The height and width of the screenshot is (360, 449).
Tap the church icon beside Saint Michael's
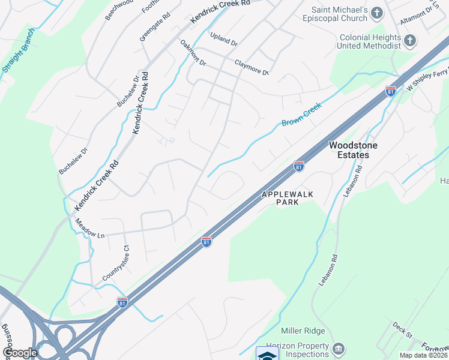tap(377, 13)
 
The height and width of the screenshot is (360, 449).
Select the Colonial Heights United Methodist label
tap(369, 41)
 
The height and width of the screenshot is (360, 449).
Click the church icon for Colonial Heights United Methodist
tap(410, 41)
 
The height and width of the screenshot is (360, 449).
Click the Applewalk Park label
tap(279, 199)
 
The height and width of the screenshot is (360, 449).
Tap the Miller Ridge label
tap(303, 331)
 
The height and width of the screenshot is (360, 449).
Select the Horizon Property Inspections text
tap(297, 350)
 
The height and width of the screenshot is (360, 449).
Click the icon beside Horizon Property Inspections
tap(338, 349)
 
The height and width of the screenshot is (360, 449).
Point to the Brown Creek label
tap(302, 115)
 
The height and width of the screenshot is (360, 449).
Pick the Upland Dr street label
tap(224, 40)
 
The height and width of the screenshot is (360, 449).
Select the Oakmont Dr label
tap(193, 53)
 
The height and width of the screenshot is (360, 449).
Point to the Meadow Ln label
tap(89, 229)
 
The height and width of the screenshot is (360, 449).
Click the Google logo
tap(20, 353)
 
